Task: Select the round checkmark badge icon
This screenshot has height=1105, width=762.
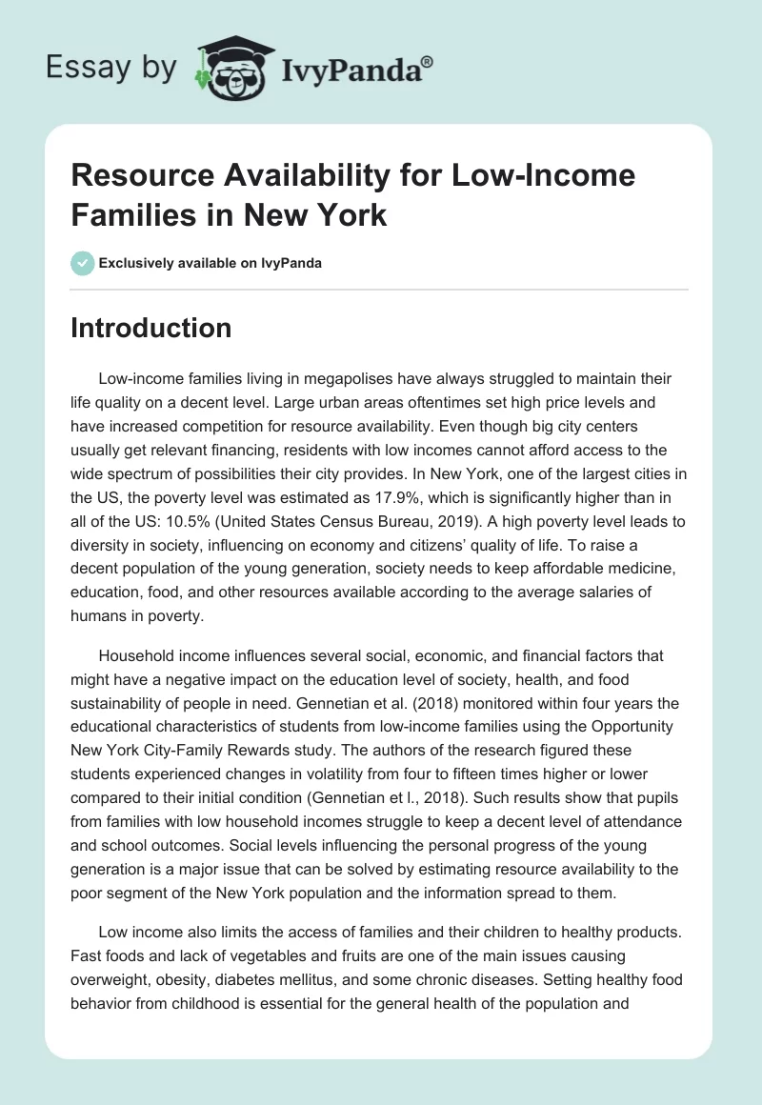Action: [x=83, y=263]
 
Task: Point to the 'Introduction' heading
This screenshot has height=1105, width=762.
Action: [x=151, y=328]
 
